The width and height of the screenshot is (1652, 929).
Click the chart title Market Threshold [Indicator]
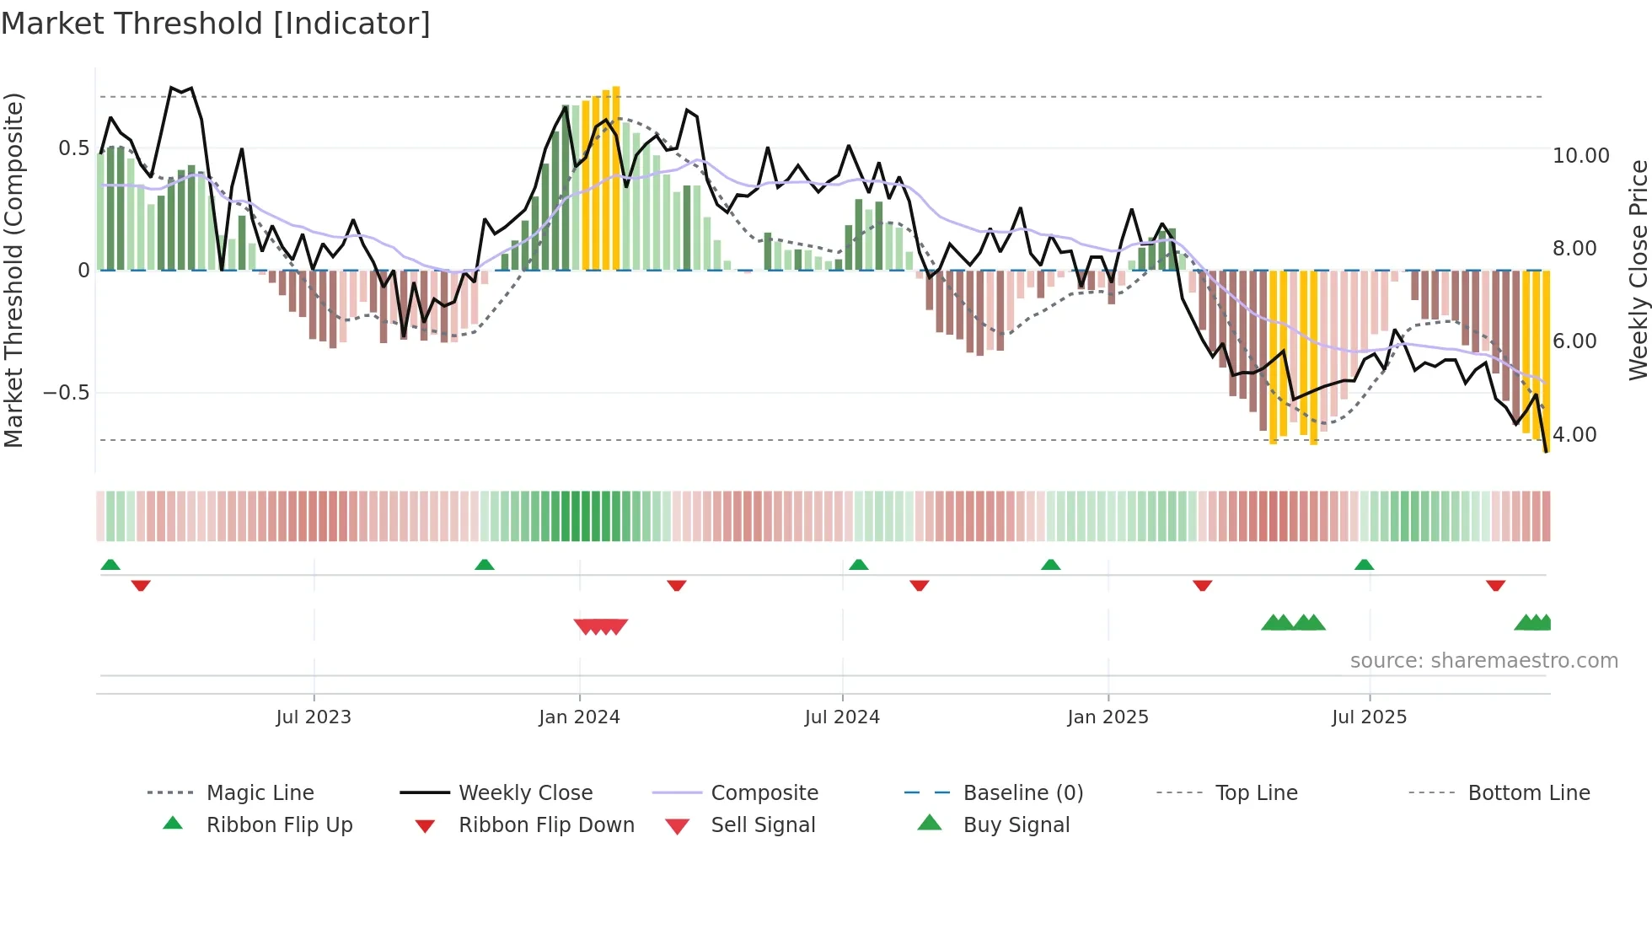point(216,24)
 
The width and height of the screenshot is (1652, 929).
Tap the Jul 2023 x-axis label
point(314,717)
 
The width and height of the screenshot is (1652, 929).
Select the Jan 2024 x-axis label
point(579,717)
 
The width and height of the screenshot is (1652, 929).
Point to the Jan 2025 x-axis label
point(1108,717)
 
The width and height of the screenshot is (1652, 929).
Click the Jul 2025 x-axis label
point(1369,717)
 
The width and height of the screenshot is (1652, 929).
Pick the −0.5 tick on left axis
point(66,393)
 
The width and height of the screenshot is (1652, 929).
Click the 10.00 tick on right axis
point(1580,156)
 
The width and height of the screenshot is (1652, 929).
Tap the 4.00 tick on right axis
point(1574,435)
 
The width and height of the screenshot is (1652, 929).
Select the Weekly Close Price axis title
point(1637,270)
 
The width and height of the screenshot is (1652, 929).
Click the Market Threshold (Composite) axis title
point(13,270)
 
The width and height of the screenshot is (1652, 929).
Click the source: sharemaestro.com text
point(1483,661)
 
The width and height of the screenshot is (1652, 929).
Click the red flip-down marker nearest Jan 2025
point(1202,585)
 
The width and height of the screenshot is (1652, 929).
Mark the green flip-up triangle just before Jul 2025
point(1364,565)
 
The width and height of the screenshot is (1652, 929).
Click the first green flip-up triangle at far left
point(110,565)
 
